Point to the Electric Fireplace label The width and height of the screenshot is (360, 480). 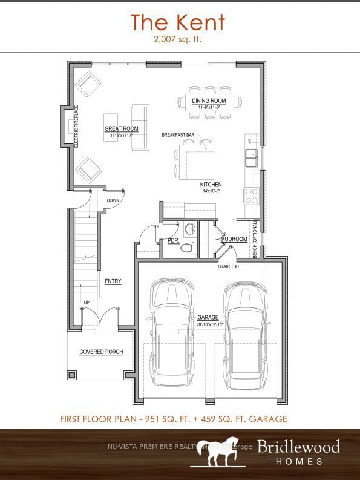(76, 126)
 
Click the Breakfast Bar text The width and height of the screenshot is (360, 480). (177, 135)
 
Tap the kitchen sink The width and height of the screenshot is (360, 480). (251, 159)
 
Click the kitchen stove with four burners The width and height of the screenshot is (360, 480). (251, 196)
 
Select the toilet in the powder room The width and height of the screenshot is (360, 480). (187, 247)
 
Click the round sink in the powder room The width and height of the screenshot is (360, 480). (189, 229)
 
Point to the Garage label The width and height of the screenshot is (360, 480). (208, 318)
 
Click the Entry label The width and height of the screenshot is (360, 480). (113, 281)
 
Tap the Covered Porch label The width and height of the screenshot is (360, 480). (101, 352)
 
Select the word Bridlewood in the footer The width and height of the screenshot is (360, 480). (298, 447)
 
